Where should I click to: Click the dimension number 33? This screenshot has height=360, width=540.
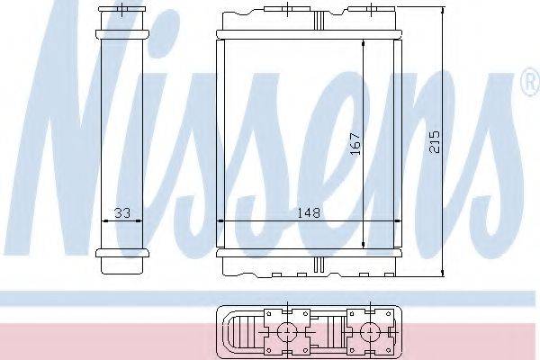pos(122,213)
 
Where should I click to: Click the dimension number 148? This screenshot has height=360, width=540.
pos(309,213)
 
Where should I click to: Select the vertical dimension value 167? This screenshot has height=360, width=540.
pos(355,143)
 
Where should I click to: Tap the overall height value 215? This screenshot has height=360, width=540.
pos(435,141)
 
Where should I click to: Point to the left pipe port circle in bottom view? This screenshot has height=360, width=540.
pos(287,332)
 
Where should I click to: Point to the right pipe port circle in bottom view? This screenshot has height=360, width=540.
pos(370,332)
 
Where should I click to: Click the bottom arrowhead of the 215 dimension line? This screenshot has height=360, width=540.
pos(443,272)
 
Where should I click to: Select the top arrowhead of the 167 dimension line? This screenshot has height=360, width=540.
pos(364,44)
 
